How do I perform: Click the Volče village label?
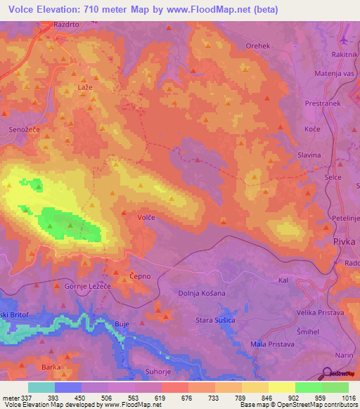[x=146, y=218]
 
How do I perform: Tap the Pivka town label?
[x=345, y=241]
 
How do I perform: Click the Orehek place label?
[x=257, y=46]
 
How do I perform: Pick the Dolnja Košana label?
[x=202, y=292]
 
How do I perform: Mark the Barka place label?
[x=50, y=366]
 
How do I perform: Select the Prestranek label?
[x=323, y=103]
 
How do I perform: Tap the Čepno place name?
[x=138, y=276]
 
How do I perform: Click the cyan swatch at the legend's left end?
[x=41, y=387]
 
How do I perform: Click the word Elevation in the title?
[x=63, y=9]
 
